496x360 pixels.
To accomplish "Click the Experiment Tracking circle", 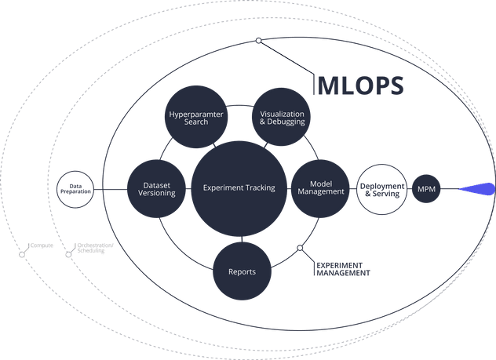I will point(239,188).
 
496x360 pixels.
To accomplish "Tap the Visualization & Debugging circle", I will point(282,118).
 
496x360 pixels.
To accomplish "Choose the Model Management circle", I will point(321,187).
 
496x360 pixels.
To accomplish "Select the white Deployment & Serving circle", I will point(382,189).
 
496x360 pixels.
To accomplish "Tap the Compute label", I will point(42,246).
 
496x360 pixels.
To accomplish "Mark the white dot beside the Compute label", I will point(21,255).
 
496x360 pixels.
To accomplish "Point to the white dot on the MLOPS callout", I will point(258,41).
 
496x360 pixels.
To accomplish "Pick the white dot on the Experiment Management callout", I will point(299,249).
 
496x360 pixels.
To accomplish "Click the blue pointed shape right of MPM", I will point(478,188).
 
